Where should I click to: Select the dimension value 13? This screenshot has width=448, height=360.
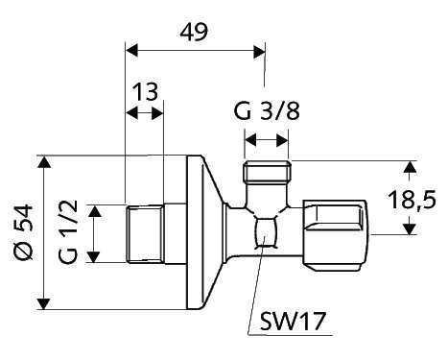(146, 92)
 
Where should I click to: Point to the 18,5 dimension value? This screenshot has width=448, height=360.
(420, 200)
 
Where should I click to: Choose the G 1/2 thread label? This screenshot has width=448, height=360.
(67, 232)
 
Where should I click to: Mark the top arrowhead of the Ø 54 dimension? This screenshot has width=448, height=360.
(43, 163)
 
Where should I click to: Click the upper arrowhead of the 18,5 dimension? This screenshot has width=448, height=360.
(410, 168)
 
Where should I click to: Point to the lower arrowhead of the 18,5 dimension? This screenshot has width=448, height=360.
(410, 228)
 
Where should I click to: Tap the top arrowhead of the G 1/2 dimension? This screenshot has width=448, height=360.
(94, 210)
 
